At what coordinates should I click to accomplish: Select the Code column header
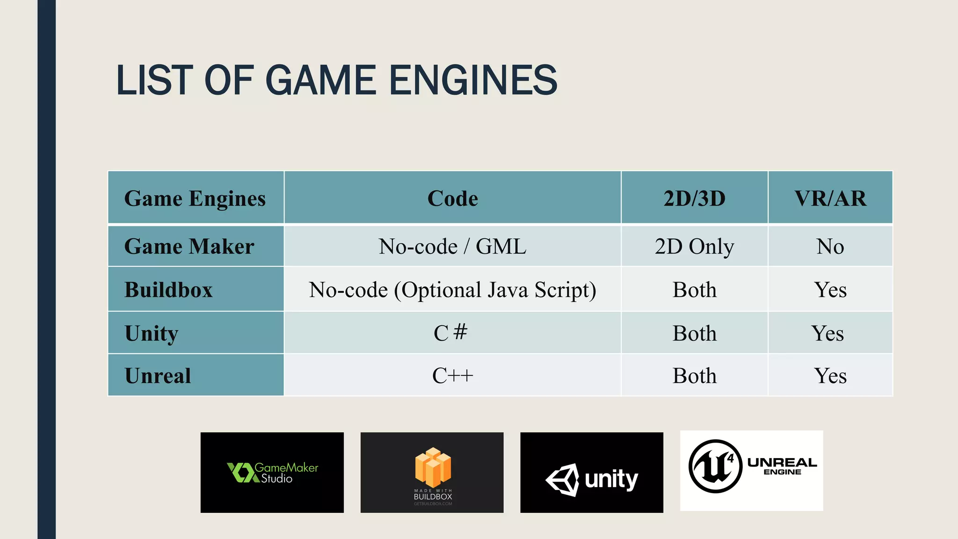[452, 198]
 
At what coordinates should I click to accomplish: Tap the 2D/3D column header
[694, 198]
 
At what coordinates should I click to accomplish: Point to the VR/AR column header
[830, 198]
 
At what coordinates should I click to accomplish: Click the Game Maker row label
[189, 247]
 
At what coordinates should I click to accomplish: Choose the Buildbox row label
[168, 290]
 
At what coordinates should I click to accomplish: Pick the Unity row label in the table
[151, 333]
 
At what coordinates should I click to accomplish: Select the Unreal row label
[158, 376]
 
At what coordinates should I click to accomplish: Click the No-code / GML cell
[452, 247]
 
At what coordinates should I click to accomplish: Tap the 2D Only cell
[694, 247]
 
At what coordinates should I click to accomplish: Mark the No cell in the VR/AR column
[830, 247]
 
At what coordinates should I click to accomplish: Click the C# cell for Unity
[450, 333]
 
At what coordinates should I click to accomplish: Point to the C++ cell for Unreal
[452, 376]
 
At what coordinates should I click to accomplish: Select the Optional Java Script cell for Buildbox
[452, 290]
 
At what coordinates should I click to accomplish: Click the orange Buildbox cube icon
[433, 467]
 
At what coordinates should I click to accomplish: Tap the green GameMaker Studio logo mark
[242, 473]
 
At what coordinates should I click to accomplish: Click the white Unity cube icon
[563, 480]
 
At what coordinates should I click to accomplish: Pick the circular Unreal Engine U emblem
[715, 466]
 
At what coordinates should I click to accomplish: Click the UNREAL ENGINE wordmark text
[782, 466]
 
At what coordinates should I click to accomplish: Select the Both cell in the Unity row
[694, 333]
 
